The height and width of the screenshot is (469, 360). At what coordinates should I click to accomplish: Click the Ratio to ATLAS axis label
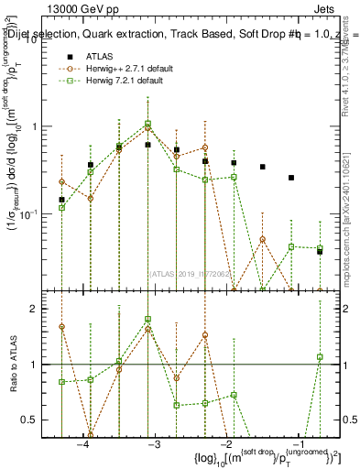pos(14,365)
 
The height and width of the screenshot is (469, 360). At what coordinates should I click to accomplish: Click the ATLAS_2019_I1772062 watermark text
pos(190,272)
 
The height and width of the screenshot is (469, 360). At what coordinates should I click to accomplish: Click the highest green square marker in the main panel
pos(147,124)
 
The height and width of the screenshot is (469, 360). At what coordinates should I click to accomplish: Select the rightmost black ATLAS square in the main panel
pos(320,251)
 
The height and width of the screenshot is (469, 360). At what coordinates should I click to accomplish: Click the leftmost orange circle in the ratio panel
pos(61,326)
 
